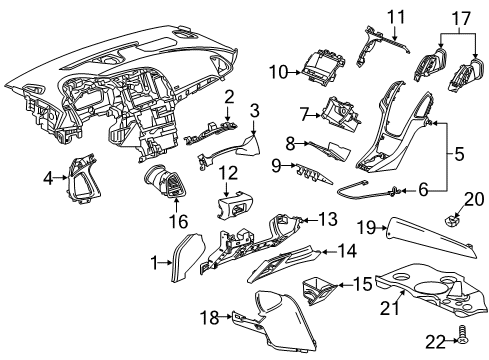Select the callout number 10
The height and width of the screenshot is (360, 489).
coord(277,71)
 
